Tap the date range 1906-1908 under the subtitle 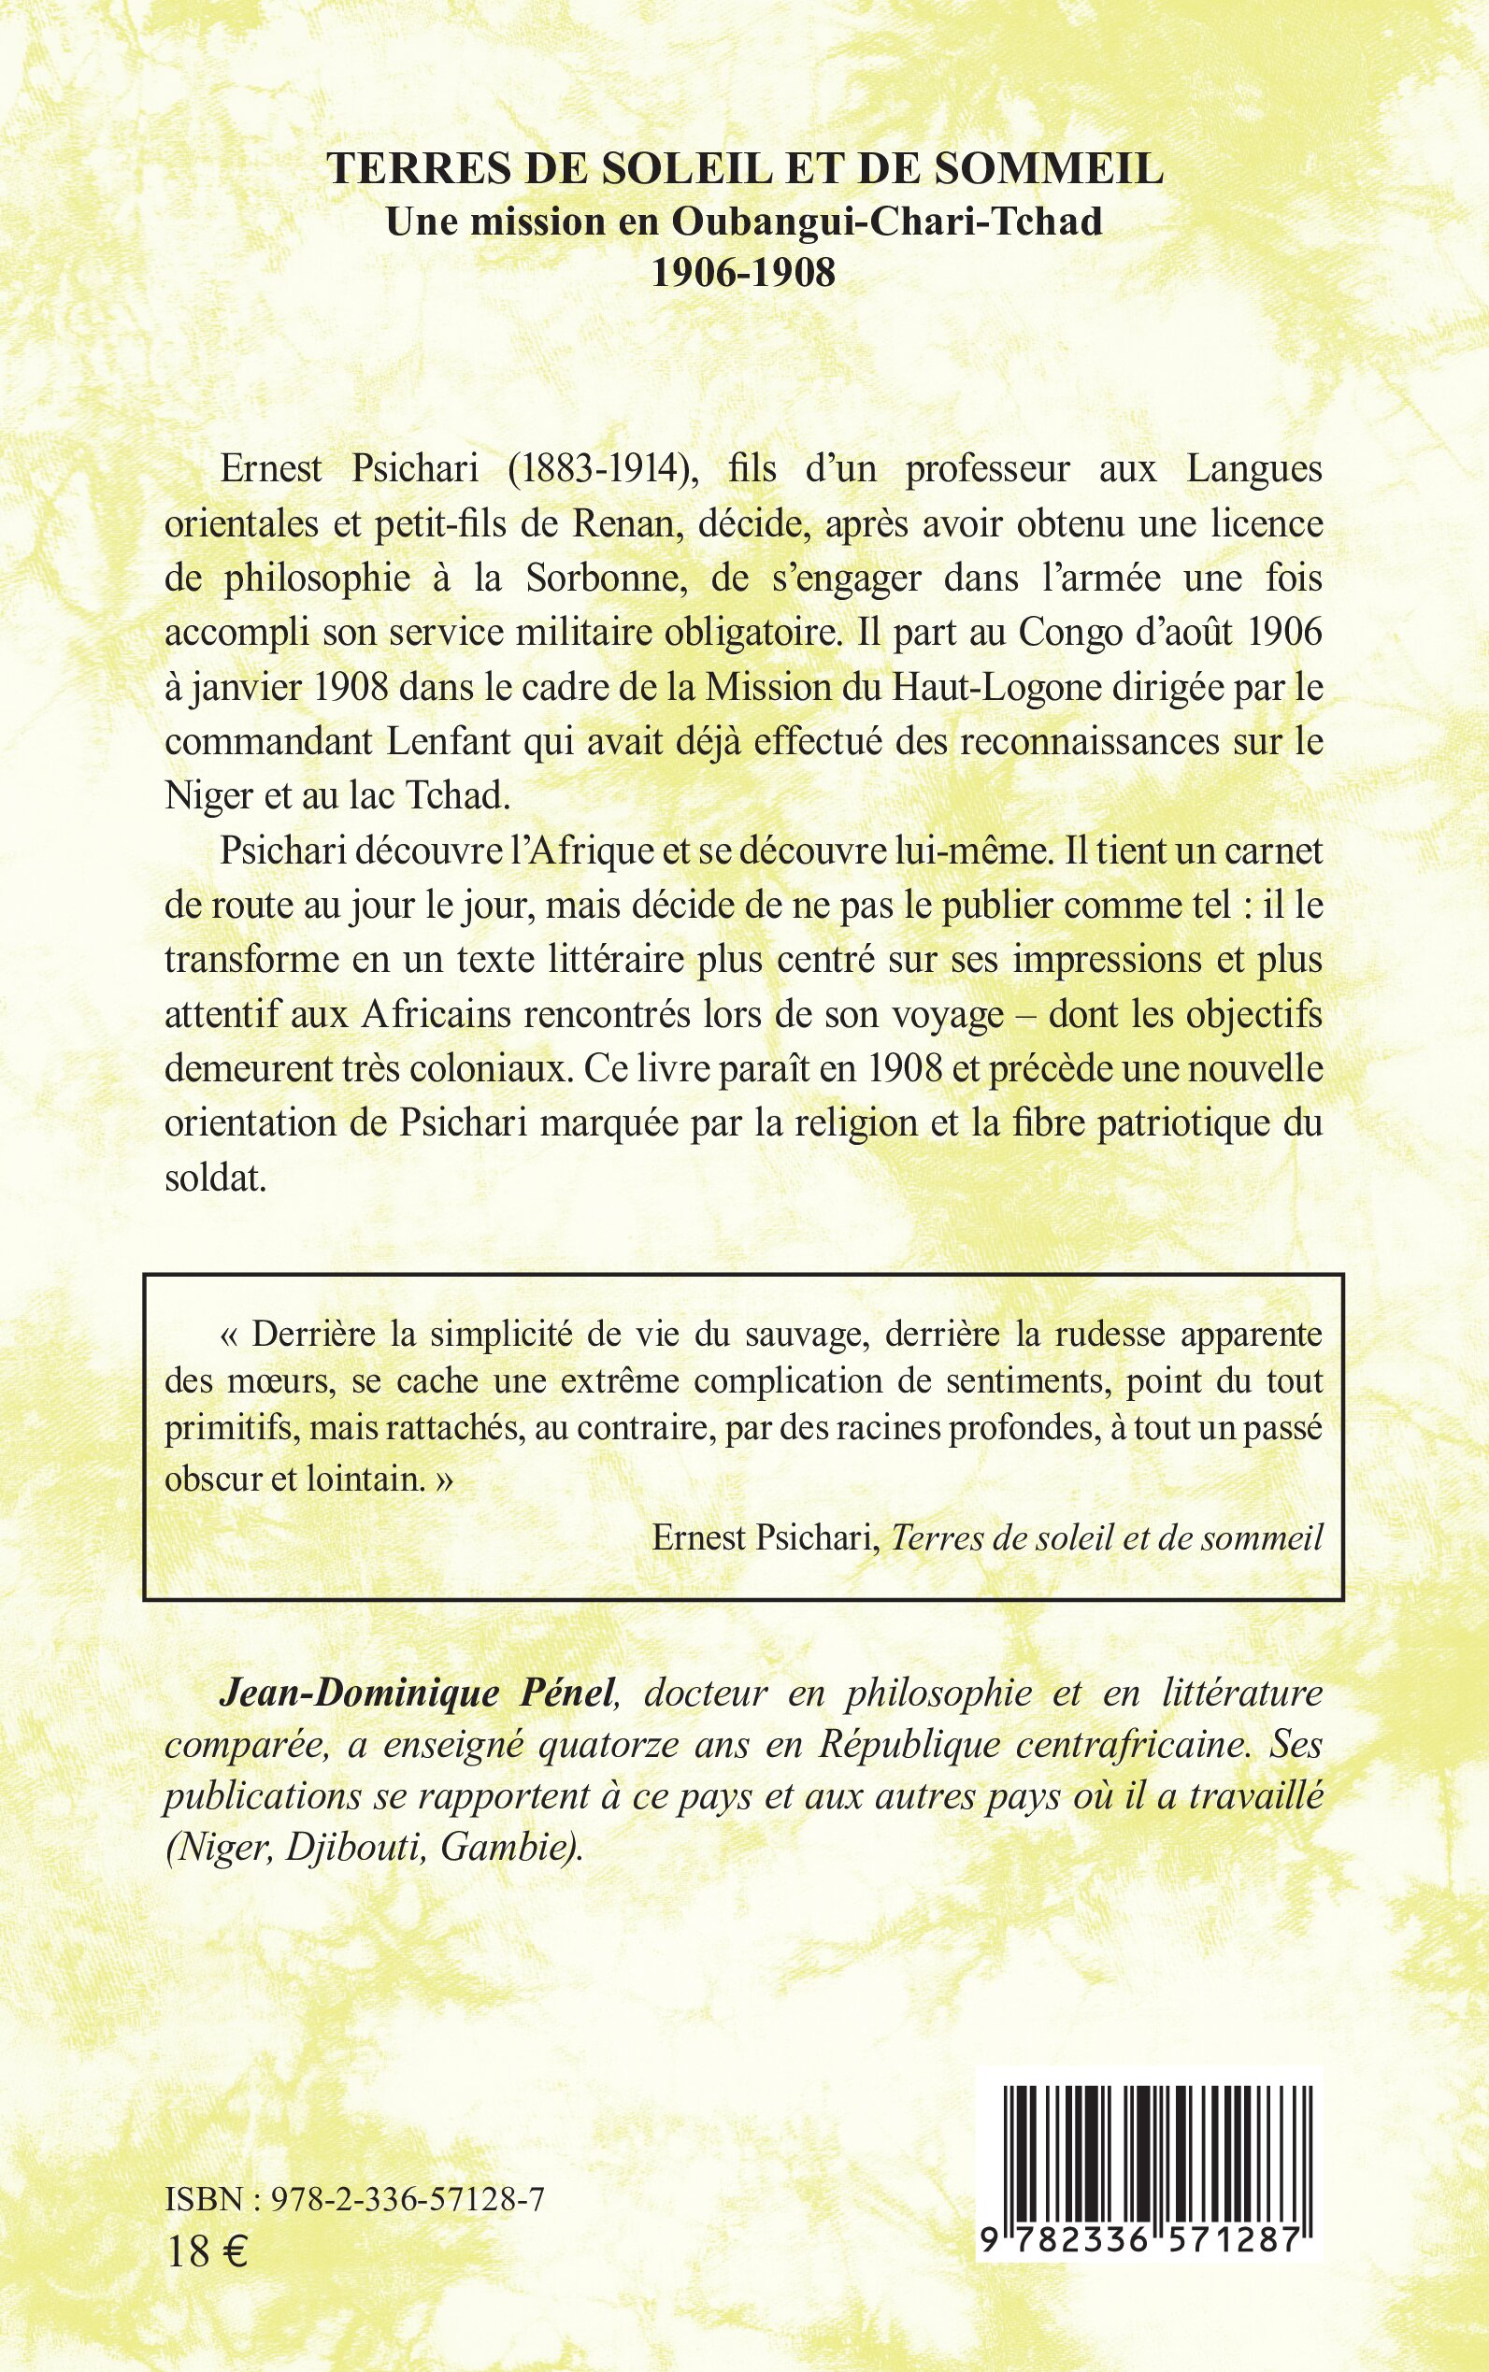[743, 273]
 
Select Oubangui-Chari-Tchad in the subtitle [886, 221]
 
